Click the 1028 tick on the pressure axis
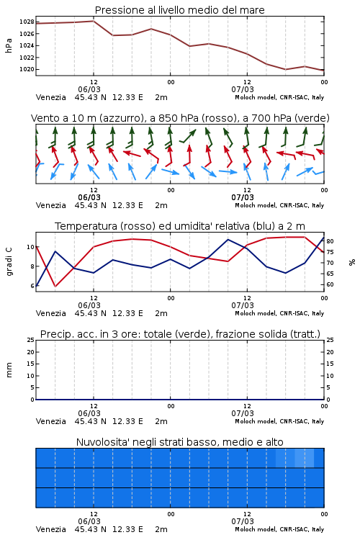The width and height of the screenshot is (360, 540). [27, 22]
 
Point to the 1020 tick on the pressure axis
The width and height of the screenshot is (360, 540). [27, 69]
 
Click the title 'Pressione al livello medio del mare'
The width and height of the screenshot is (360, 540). [180, 10]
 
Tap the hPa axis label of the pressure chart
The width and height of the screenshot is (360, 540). [9, 45]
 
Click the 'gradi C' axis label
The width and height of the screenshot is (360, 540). [9, 261]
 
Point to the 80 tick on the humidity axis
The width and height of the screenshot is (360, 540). [330, 241]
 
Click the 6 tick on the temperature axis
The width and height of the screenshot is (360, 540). [32, 286]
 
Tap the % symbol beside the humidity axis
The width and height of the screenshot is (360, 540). [352, 262]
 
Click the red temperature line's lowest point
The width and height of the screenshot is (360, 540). [55, 286]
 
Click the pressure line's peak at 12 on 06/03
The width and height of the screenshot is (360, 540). [94, 21]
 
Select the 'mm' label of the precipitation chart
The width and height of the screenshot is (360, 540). [9, 370]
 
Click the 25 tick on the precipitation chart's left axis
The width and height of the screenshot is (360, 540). [31, 340]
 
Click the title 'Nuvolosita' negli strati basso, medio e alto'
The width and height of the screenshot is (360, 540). [180, 442]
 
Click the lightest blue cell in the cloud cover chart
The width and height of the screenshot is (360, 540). [304, 458]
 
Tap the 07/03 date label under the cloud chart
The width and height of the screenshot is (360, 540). [243, 521]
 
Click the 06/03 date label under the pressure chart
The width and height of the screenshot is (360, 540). [89, 89]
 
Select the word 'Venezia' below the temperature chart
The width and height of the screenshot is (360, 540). [50, 313]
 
